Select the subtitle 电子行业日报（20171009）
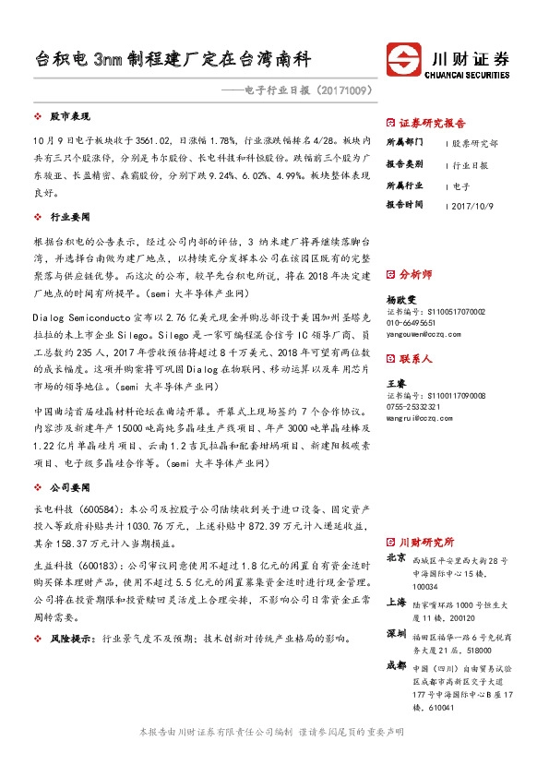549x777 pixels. click(x=301, y=92)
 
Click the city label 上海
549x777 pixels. click(x=396, y=601)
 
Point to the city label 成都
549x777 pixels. click(x=396, y=664)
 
